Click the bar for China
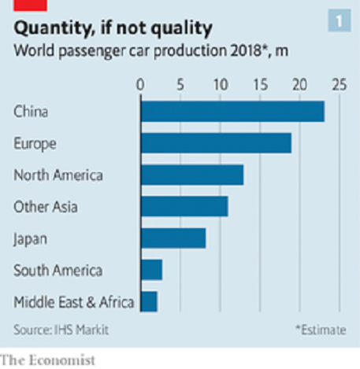[232, 112]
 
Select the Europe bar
[216, 143]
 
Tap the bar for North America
[192, 175]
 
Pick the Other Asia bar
[184, 206]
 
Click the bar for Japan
[173, 238]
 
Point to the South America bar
[151, 270]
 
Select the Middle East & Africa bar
[149, 301]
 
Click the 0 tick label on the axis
[140, 85]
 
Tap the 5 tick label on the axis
[180, 85]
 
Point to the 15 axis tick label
[261, 85]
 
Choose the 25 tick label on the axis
[340, 85]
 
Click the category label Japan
[30, 239]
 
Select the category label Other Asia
[46, 207]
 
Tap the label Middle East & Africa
[74, 302]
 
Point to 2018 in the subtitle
[246, 50]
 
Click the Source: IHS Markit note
[61, 330]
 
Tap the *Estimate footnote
[321, 330]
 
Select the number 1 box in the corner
[340, 20]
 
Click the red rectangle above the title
[30, 6]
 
